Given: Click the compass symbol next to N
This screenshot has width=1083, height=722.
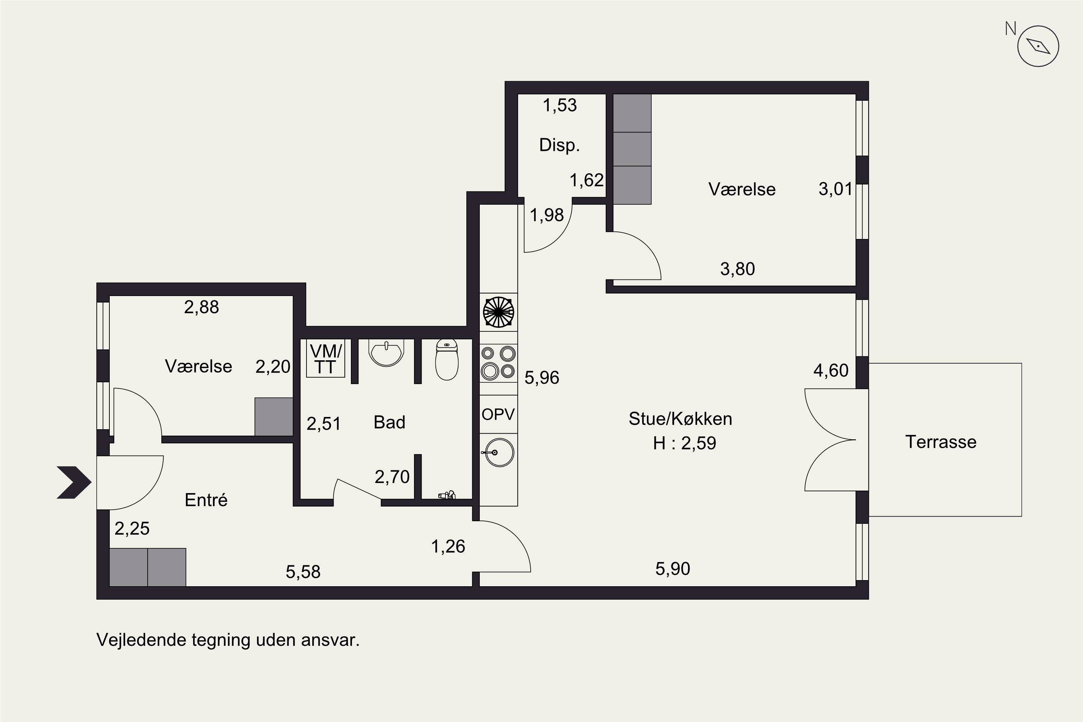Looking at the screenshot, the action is click(1038, 46).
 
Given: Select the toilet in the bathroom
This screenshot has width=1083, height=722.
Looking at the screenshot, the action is click(447, 360).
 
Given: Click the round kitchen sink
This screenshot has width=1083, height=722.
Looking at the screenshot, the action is click(499, 452).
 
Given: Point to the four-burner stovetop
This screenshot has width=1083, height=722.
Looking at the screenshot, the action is click(498, 363).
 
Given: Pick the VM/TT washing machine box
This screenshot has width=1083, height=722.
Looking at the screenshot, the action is click(326, 358).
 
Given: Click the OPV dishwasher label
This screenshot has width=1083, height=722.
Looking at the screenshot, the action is click(498, 414).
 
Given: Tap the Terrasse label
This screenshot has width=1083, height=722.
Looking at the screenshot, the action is click(941, 442).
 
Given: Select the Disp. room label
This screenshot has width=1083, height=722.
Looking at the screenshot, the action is click(560, 145).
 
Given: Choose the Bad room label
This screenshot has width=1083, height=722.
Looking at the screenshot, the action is click(390, 422).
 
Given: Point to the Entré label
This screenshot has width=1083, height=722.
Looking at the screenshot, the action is click(206, 500).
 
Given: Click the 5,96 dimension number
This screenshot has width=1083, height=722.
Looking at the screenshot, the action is click(541, 378).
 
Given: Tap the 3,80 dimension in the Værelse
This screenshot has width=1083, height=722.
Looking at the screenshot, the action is click(737, 269).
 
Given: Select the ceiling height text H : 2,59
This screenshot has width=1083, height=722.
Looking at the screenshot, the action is click(684, 443).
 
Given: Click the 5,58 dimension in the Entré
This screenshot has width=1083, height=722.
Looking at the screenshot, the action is click(303, 572).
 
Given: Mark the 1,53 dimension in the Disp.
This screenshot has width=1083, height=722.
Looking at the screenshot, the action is click(560, 105).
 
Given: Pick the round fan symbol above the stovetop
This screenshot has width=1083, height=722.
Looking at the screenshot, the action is click(498, 312).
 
